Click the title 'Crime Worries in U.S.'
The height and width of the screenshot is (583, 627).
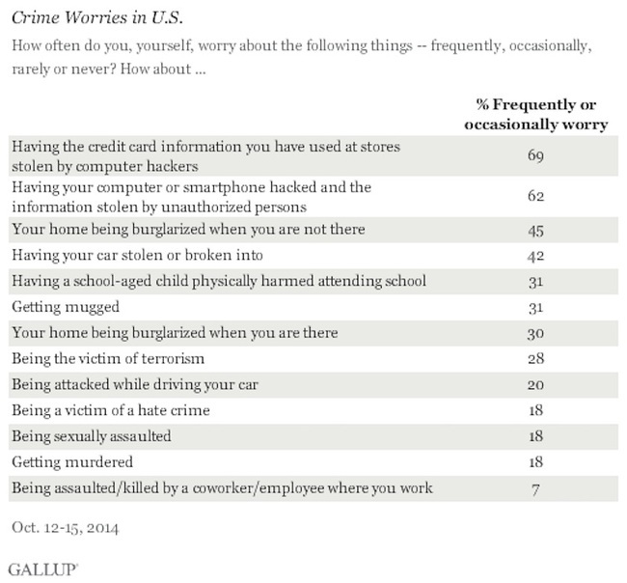click(97, 17)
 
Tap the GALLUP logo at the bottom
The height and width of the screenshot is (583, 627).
click(43, 569)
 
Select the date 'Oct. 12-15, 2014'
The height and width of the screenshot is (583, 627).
click(66, 528)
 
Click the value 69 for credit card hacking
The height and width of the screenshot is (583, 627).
click(535, 155)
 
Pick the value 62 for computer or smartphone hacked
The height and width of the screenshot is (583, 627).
click(535, 196)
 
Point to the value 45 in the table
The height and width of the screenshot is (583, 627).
click(535, 231)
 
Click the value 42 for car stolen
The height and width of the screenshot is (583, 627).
click(535, 256)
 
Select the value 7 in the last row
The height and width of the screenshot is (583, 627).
click(535, 489)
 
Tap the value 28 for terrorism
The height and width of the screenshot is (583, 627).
click(535, 358)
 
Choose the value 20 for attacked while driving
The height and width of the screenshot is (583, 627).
click(535, 384)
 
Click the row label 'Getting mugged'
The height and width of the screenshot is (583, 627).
click(66, 307)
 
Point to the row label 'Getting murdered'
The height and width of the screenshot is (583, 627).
click(72, 462)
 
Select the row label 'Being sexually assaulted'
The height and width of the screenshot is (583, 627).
click(92, 436)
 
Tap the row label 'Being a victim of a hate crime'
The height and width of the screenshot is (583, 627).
click(111, 410)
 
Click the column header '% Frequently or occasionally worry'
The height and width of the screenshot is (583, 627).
click(535, 115)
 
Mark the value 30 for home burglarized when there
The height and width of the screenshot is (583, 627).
click(535, 333)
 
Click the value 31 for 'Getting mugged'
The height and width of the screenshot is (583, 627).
click(535, 308)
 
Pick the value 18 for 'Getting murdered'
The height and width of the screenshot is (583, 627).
click(535, 462)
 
